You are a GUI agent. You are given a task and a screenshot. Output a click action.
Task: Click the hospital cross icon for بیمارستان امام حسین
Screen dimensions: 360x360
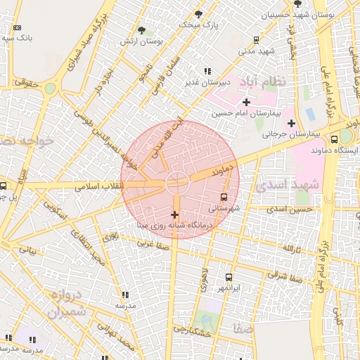coord(245,103)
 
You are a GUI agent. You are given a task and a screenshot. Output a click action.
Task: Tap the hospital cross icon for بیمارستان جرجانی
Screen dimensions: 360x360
coord(290,123)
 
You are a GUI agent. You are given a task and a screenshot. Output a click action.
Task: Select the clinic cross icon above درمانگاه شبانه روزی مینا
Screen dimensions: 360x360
coord(174,214)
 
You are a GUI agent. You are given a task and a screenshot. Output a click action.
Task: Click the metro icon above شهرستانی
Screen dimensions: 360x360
coord(224,198)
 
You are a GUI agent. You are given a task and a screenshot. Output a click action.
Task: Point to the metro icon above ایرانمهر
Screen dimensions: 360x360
coord(229,278)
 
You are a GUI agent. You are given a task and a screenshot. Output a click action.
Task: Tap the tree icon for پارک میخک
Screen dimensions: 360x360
coord(198,13)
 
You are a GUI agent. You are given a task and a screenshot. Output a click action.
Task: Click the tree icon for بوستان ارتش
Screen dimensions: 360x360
coord(141,30)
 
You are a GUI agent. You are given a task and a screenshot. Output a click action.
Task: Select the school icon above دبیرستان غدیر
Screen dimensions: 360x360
coord(207,72)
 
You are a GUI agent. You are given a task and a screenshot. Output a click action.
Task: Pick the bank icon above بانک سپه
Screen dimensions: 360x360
coord(16,28)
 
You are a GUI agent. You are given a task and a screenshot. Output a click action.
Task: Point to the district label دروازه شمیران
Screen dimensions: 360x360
coord(67,302)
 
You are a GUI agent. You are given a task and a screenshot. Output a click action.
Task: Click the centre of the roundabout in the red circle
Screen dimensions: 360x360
coord(176,184)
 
